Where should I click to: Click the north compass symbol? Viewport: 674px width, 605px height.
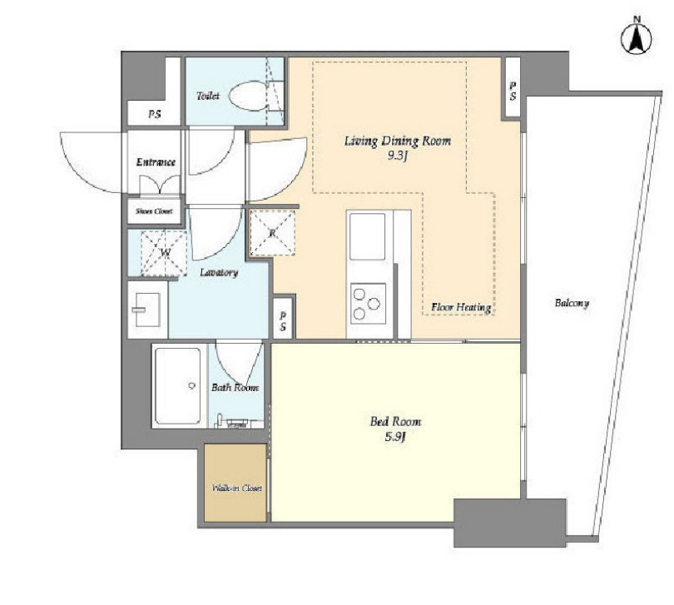point(637,39)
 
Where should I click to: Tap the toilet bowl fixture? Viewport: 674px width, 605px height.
point(248,97)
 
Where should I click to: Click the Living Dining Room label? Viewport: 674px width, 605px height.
point(398,141)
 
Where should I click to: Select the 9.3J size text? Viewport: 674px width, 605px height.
point(397,156)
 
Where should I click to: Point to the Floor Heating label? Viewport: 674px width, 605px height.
point(461,307)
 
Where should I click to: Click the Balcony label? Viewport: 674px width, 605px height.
point(572,303)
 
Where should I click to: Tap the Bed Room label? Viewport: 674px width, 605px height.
point(395,421)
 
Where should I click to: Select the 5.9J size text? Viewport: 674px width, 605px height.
point(395,437)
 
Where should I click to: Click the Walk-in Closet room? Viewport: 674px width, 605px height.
point(235,483)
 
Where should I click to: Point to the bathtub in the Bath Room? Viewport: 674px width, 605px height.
point(177,385)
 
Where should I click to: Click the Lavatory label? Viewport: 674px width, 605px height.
point(219,273)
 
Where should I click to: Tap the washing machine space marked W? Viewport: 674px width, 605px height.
point(164,253)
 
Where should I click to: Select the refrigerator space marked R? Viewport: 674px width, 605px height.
point(273,233)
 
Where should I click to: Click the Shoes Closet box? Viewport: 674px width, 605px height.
point(154,211)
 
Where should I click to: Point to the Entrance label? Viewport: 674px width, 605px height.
point(156,162)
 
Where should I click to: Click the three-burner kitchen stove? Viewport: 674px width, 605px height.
point(368,303)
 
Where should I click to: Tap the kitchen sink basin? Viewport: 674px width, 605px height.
point(367,236)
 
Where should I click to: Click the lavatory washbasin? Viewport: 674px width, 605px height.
point(147,310)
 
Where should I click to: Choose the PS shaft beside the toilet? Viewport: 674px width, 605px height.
point(155,114)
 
